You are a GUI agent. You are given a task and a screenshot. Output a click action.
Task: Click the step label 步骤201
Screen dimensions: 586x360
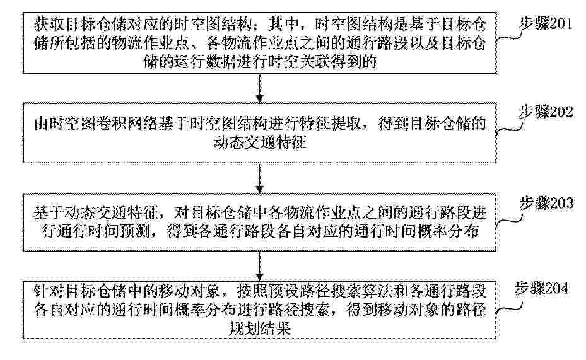coord(546,24)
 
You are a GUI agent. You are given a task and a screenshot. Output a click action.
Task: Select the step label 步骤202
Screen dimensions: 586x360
coord(546,112)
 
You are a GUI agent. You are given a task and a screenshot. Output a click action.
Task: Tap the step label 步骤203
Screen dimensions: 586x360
coord(546,204)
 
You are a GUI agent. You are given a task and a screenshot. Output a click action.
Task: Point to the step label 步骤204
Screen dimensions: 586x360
coord(541,288)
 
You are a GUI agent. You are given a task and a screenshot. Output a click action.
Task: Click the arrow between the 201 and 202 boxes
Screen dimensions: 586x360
coord(260,88)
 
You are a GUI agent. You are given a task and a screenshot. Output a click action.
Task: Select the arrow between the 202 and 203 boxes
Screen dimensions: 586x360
coord(260,178)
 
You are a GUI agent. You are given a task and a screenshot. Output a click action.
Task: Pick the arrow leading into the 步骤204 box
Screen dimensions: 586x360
coord(260,266)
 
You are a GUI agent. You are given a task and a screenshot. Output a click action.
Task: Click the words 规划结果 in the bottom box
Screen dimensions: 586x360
coord(260,328)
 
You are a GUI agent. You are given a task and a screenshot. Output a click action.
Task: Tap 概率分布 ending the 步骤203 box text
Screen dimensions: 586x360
coord(448,232)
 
